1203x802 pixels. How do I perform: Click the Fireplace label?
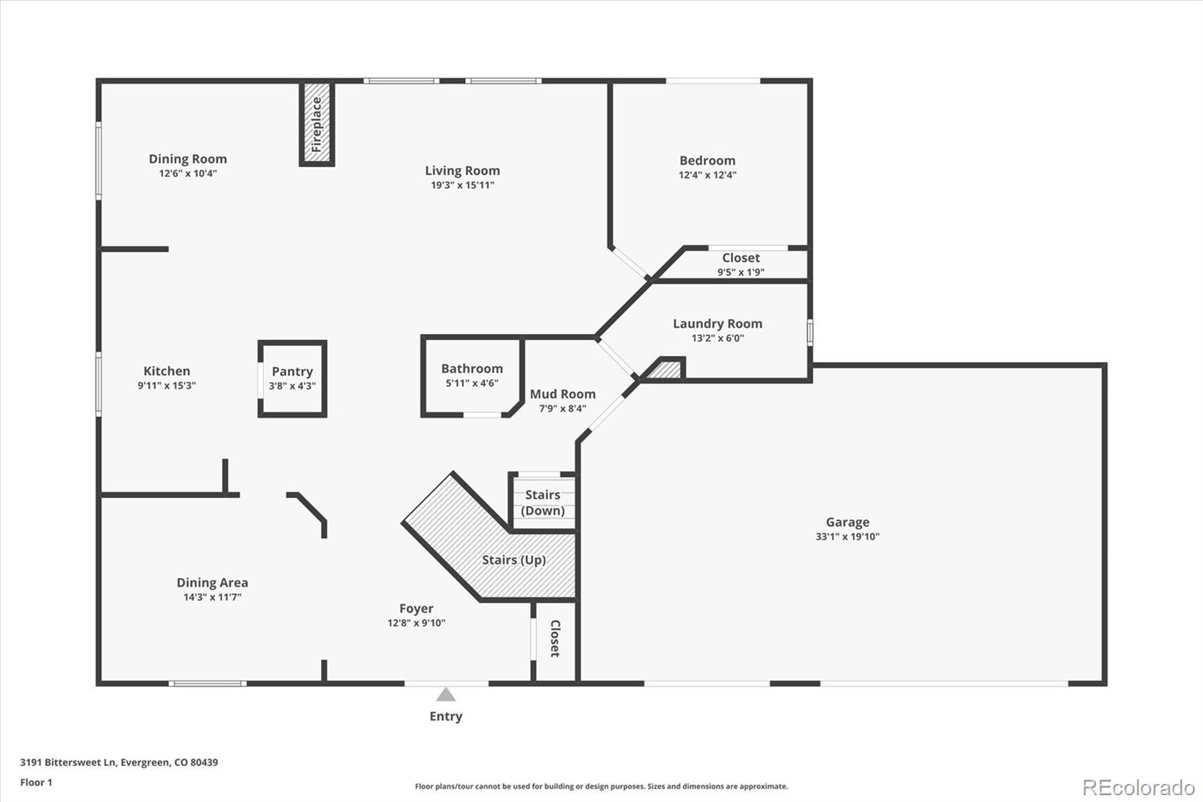(317, 124)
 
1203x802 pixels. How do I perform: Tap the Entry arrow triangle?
(446, 694)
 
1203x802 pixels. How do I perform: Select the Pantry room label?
(292, 372)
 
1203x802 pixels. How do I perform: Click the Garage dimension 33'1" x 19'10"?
(847, 536)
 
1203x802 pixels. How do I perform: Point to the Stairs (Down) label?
(542, 503)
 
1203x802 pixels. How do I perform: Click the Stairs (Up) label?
(514, 560)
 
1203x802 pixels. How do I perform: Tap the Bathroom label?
(471, 369)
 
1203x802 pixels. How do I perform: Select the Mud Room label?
(562, 394)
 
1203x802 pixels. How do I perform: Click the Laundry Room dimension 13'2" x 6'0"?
(717, 338)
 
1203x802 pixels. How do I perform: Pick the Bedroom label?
(707, 160)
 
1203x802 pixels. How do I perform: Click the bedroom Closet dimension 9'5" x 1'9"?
(741, 272)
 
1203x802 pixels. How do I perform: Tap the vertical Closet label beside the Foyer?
(555, 638)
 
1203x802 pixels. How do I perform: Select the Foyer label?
(416, 609)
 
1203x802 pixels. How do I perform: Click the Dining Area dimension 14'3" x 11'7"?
(212, 597)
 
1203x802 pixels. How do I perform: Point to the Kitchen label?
(166, 371)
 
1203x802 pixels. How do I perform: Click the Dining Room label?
(187, 159)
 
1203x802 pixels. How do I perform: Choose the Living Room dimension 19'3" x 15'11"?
(462, 185)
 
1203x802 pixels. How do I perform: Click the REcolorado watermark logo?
(1138, 787)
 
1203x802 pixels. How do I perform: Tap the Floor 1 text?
(36, 782)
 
